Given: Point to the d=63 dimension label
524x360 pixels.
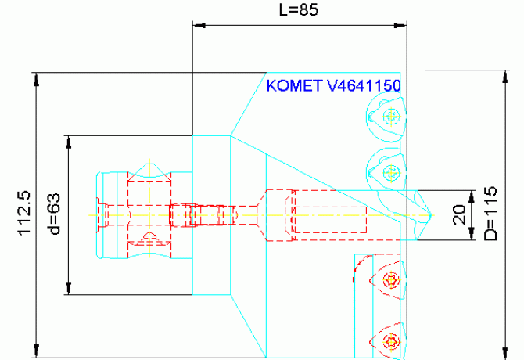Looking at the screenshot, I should click(x=54, y=214).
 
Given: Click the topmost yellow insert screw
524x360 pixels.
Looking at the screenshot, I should click(x=392, y=117).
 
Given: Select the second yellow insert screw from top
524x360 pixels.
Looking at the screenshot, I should click(x=391, y=171).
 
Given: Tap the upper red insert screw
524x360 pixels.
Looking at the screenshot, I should click(x=391, y=280).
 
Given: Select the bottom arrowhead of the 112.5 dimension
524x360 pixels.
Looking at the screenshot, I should click(x=36, y=353).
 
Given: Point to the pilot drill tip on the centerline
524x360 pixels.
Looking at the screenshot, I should click(x=430, y=214).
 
